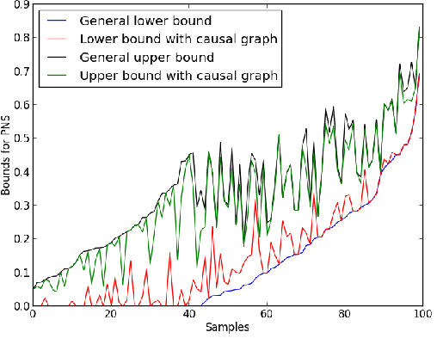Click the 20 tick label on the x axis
[110, 315]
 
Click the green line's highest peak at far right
[419, 28]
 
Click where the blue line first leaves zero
[200, 305]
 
